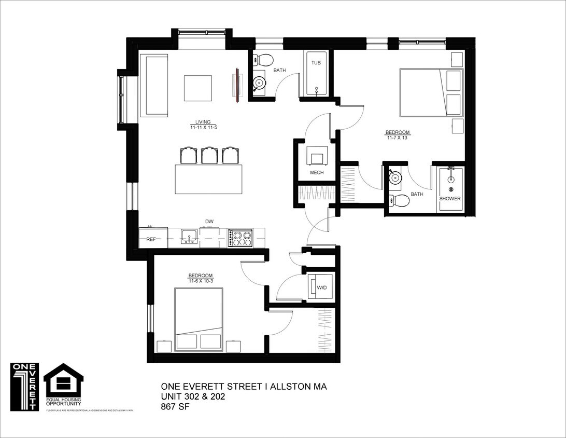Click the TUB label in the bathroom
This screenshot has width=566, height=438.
pyautogui.click(x=316, y=63)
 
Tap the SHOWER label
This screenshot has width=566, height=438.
pyautogui.click(x=450, y=199)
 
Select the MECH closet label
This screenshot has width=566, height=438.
pyautogui.click(x=317, y=173)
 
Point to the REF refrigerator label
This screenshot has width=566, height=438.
pyautogui.click(x=151, y=239)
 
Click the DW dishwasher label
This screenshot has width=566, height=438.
pyautogui.click(x=209, y=222)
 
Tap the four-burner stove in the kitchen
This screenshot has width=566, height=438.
pyautogui.click(x=240, y=238)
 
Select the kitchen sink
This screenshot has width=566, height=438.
pyautogui.click(x=189, y=237)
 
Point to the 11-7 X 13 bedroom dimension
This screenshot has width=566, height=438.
pyautogui.click(x=398, y=138)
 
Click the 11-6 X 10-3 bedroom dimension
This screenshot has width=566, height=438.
pyautogui.click(x=201, y=281)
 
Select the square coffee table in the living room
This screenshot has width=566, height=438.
pyautogui.click(x=198, y=88)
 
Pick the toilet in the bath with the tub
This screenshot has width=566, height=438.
pyautogui.click(x=264, y=60)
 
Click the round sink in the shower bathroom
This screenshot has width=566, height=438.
pyautogui.click(x=395, y=177)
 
